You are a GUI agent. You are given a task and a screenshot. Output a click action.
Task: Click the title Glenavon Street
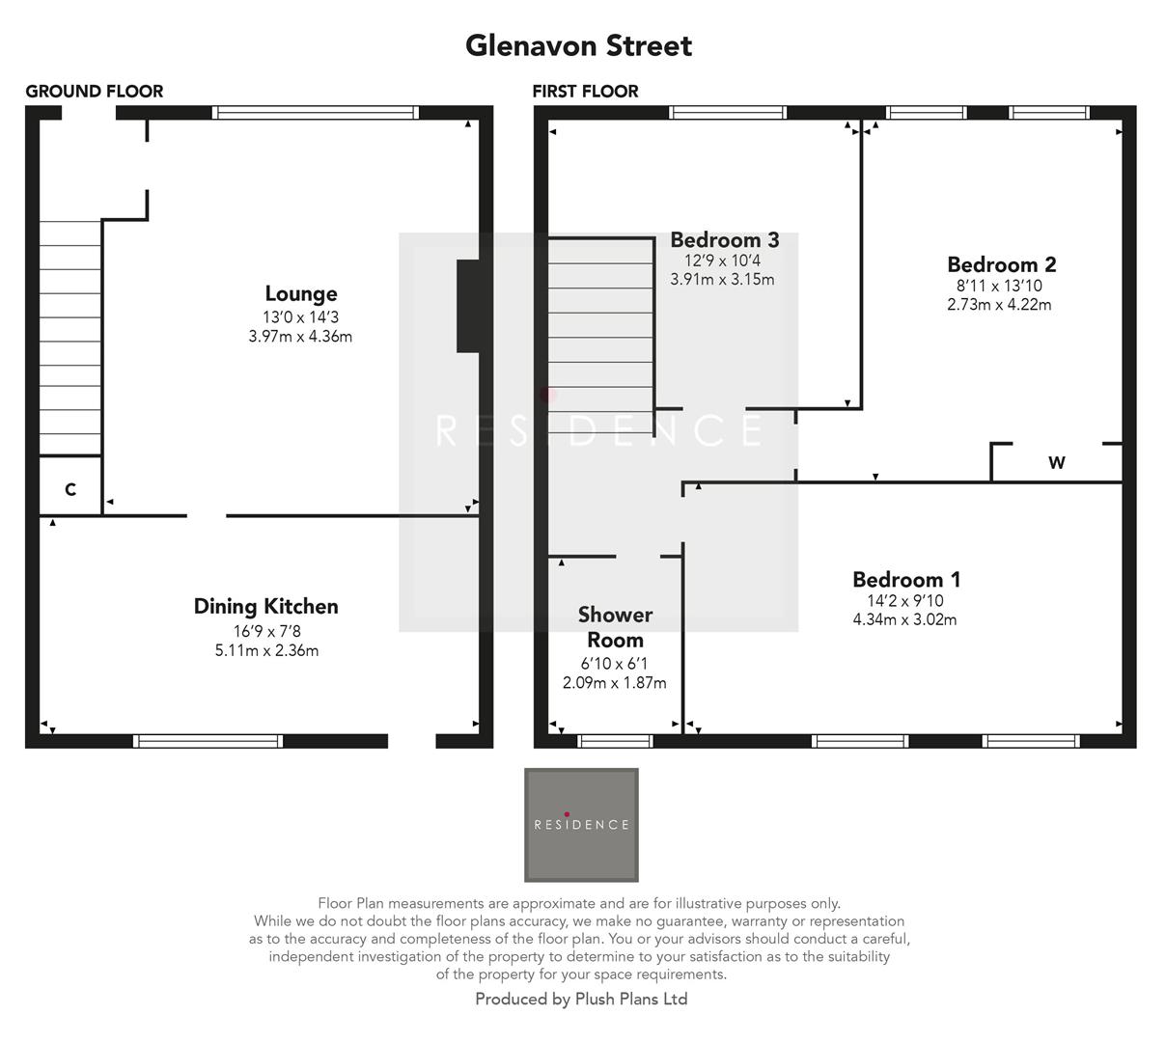[578, 45]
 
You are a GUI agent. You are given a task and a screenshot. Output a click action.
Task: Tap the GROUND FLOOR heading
[94, 92]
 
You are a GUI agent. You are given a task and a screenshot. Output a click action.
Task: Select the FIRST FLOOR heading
[585, 92]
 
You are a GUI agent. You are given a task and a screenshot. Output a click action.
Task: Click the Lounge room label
[300, 293]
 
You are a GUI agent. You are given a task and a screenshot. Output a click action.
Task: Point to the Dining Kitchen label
[265, 606]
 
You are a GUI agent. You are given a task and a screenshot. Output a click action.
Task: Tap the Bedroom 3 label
[724, 239]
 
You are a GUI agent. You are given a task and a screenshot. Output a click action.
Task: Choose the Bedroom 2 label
[1001, 264]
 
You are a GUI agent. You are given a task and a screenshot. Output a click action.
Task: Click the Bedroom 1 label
[905, 579]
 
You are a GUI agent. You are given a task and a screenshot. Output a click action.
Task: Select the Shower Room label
[615, 627]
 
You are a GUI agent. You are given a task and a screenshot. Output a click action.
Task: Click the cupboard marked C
[70, 489]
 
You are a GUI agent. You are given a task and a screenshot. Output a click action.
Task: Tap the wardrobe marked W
[1056, 463]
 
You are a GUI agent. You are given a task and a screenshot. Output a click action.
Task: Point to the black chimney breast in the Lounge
[468, 306]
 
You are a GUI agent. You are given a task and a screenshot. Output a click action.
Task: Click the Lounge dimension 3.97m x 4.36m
[300, 337]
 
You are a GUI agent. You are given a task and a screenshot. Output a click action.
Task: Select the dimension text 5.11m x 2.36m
[265, 650]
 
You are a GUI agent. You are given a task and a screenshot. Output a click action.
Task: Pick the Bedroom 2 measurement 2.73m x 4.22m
[999, 305]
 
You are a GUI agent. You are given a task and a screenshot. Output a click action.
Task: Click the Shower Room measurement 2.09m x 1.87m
[614, 683]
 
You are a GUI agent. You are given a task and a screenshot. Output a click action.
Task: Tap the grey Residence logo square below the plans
[581, 825]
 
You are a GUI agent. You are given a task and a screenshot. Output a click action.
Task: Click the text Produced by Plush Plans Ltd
[581, 1000]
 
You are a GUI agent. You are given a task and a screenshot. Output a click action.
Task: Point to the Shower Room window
[615, 741]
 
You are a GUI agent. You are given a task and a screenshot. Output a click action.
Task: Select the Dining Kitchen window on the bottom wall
[208, 741]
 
